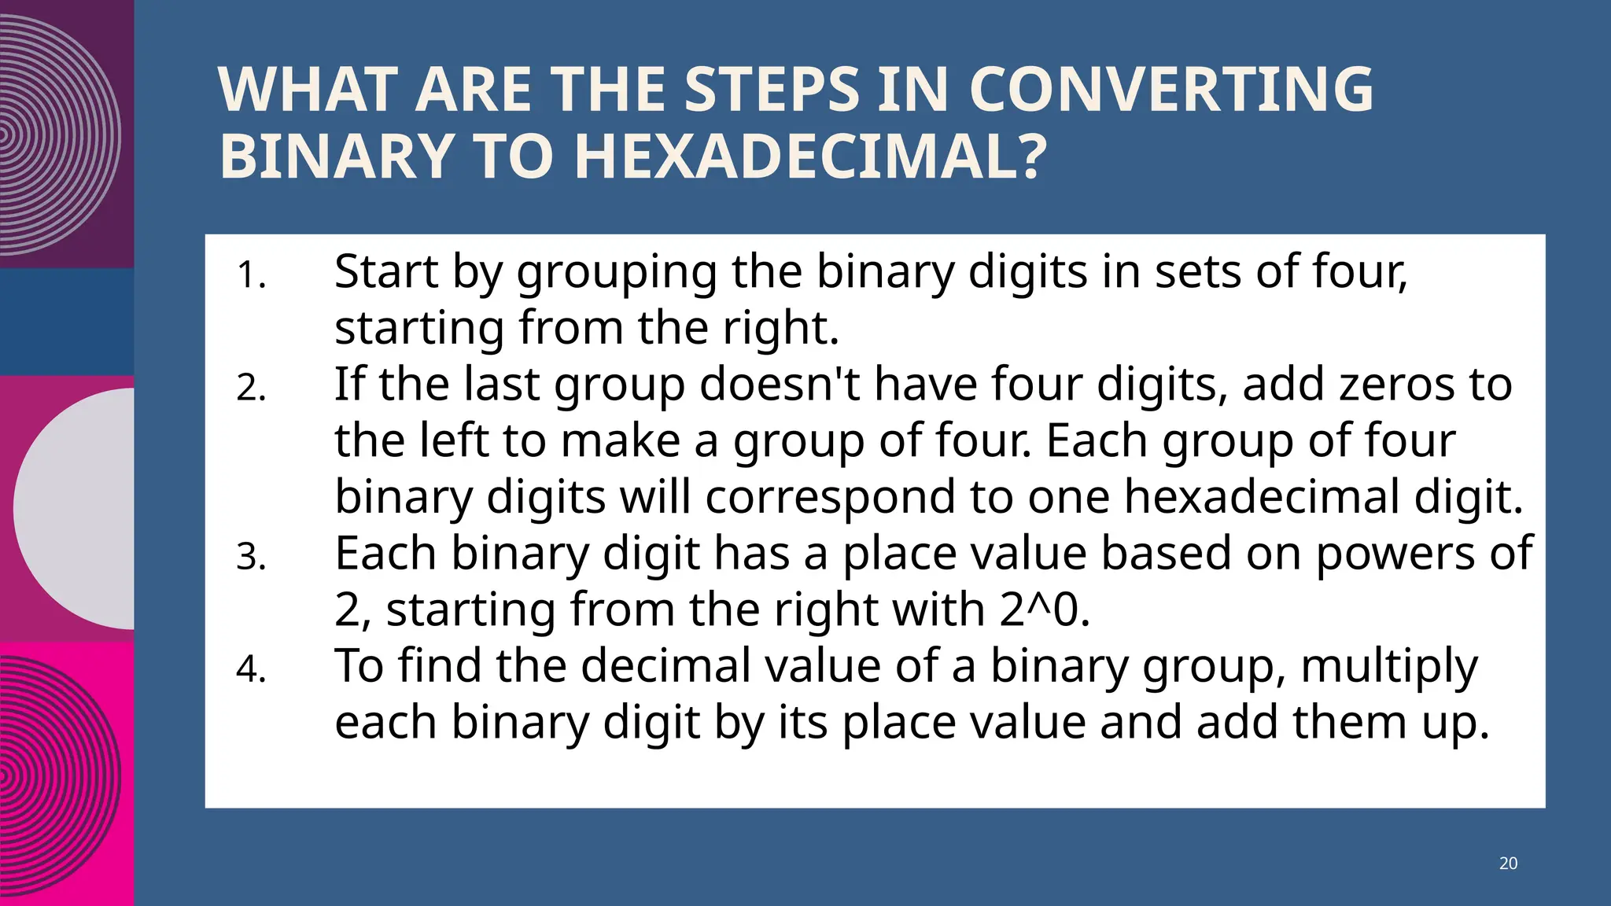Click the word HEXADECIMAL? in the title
coord(810,157)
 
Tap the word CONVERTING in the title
coord(1171,90)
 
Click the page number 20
coord(1508,863)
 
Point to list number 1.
coord(251,276)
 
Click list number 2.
coord(251,389)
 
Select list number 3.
coord(251,558)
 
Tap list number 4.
coord(251,670)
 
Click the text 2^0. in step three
coord(1045,610)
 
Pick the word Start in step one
coord(386,271)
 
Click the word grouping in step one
coord(617,273)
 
